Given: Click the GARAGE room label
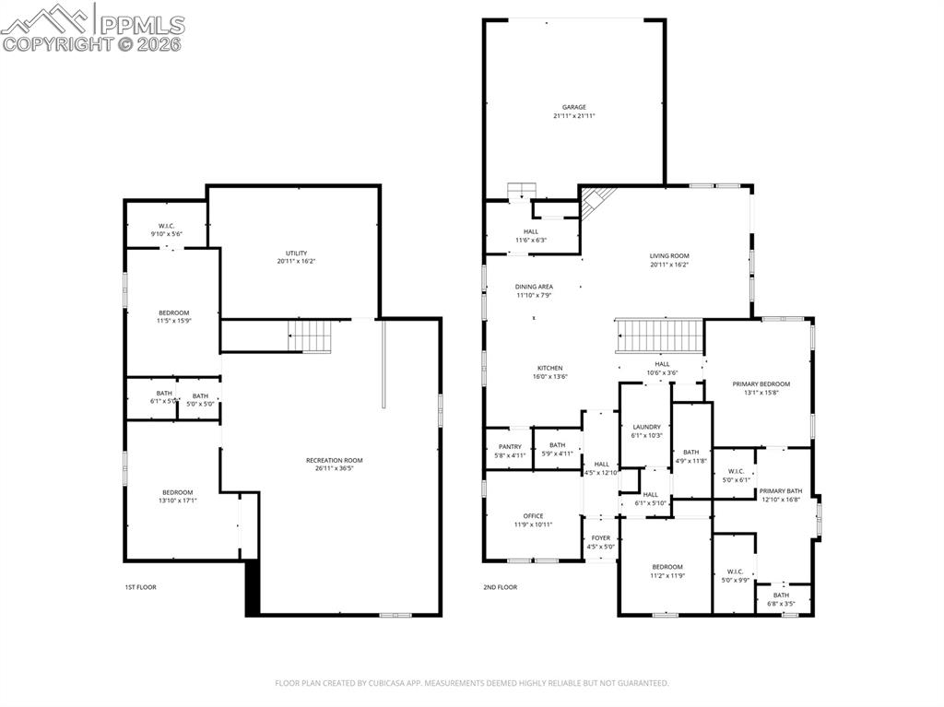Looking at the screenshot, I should pos(574,107).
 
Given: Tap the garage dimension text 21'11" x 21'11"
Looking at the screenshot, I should pos(574,116).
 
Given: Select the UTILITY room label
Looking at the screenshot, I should pos(296,253).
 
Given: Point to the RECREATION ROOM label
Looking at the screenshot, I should pos(335,460).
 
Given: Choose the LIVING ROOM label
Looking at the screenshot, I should pos(669,255).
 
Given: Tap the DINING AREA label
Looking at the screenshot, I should pos(534,287).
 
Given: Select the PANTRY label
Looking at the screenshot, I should pos(510,446).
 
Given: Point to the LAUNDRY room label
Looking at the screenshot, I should pos(647,427).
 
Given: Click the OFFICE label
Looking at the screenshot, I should pos(533,515).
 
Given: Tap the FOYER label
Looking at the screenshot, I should pos(601,537).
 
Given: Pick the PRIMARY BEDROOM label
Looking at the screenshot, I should pos(761,383).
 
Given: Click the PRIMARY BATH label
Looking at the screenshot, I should pos(781,490).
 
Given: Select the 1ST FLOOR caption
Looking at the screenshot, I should pos(139,586).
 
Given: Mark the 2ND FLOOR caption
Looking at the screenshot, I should pos(500,586).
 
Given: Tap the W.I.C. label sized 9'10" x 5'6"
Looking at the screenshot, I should pos(167,226).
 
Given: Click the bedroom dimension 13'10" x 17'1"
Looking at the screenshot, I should pos(178,501).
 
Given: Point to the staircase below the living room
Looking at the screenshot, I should pos(658,336).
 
